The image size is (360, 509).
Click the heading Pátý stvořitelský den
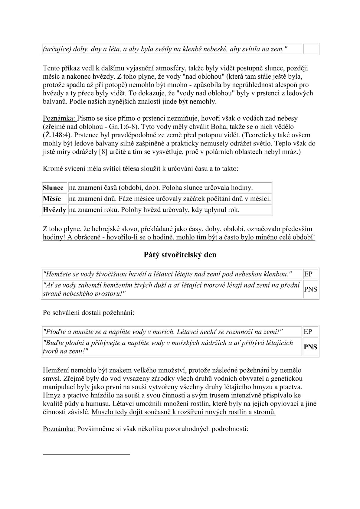click(180, 255)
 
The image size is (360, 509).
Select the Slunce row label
click(53, 188)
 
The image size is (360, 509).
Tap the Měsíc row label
click(52, 199)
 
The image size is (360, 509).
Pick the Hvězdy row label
click(54, 210)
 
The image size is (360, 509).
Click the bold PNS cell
click(310, 347)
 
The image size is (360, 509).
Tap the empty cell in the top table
click(311, 49)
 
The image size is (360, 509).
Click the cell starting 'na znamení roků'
click(154, 210)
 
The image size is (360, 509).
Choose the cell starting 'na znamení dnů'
click(169, 199)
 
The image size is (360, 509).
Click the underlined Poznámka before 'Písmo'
click(60, 118)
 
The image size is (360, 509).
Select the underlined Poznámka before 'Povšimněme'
click(60, 429)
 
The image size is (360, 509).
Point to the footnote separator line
click(86, 454)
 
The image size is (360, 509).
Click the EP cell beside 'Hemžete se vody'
click(308, 274)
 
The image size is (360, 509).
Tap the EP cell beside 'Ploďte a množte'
click(308, 332)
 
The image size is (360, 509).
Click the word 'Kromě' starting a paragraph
click(51, 168)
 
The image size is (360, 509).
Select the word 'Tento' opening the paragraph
click(51, 68)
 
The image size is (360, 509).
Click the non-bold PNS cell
click(310, 289)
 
